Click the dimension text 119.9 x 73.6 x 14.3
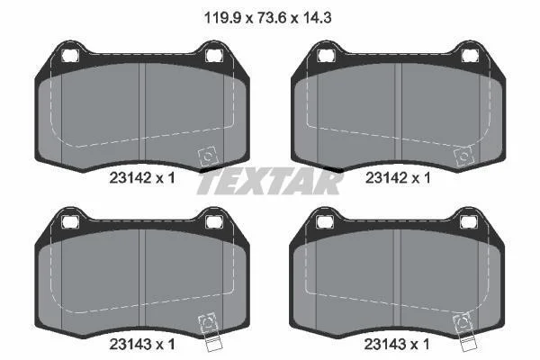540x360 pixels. click(268, 18)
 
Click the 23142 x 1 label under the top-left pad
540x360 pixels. click(142, 178)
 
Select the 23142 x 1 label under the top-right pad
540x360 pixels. click(398, 178)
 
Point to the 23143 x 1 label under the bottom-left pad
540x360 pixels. click(142, 344)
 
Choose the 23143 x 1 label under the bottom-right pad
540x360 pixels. click(397, 344)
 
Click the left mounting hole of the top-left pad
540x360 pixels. click(70, 56)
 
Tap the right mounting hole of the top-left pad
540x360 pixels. click(214, 56)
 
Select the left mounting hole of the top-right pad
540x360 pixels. click(326, 56)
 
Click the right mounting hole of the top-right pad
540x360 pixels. click(470, 56)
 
